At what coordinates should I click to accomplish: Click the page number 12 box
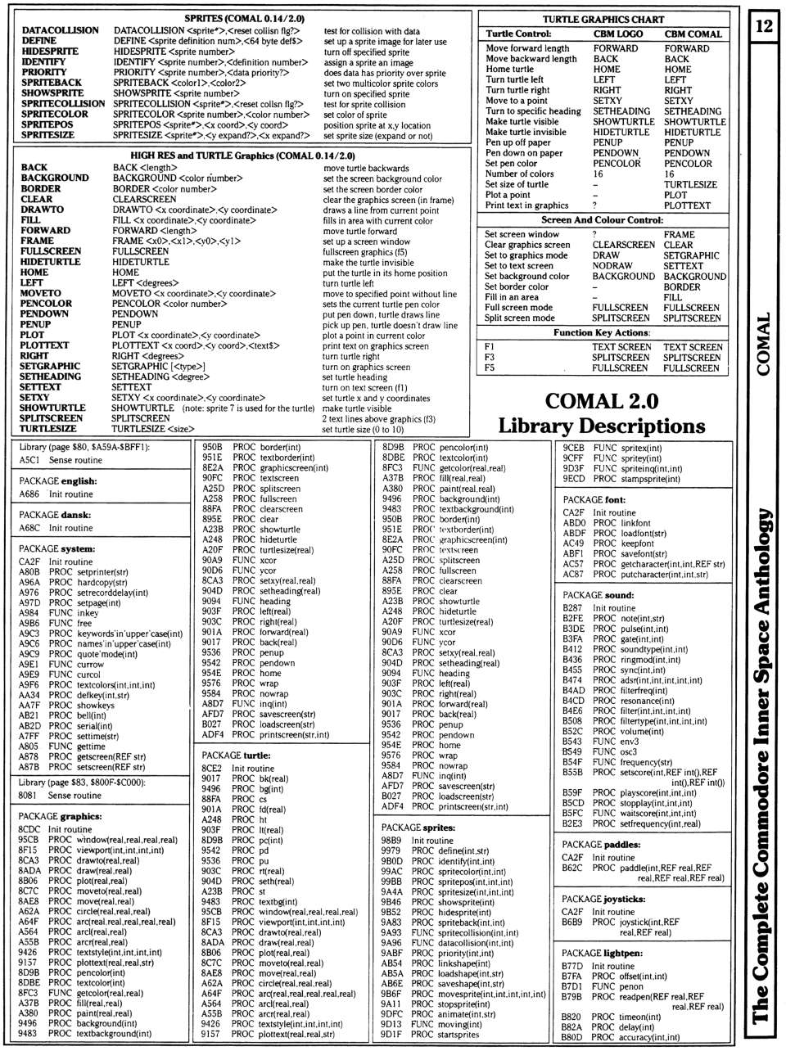pos(764,26)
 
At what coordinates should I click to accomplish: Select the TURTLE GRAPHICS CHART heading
pos(603,19)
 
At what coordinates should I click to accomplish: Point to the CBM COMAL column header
pos(693,34)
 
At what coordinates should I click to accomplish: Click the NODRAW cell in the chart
pos(612,266)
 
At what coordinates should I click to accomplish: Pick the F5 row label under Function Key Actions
pos(490,368)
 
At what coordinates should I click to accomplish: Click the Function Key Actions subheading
pos(602,333)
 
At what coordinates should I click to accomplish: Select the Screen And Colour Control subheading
pos(602,220)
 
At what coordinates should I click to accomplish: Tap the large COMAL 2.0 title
pos(602,401)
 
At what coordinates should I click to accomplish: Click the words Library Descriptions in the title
pos(602,426)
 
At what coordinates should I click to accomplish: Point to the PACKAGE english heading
pos(56,481)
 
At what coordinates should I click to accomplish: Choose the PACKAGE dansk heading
pos(55,515)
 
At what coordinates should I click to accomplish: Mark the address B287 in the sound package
pos(572,608)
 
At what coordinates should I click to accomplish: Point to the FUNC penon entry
pos(618,986)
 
